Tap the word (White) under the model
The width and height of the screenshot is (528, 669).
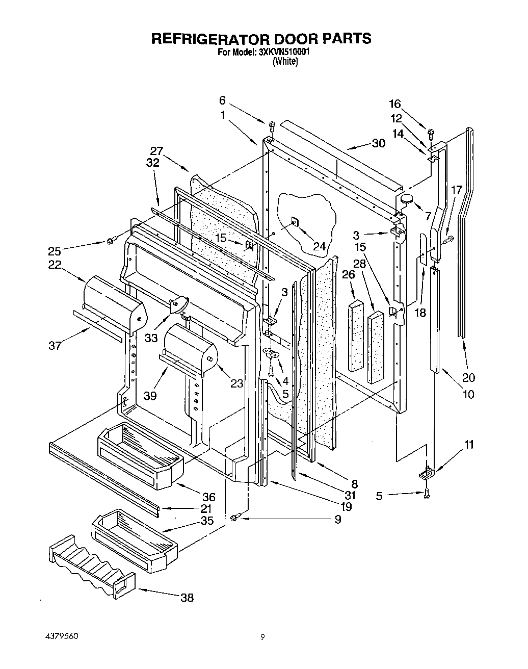[x=285, y=62]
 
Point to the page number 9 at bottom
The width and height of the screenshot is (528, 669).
[x=262, y=637]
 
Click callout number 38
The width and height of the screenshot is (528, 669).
[x=187, y=598]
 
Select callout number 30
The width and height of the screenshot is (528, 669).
[x=378, y=143]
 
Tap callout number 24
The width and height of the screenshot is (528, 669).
[x=319, y=247]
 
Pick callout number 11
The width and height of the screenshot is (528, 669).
[x=468, y=445]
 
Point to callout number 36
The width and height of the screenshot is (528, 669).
[x=208, y=497]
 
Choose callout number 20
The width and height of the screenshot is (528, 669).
[x=468, y=377]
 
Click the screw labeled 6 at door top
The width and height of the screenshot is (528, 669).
[x=271, y=124]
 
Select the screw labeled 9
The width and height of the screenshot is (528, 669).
[x=234, y=518]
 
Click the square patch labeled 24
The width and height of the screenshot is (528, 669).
[x=295, y=221]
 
